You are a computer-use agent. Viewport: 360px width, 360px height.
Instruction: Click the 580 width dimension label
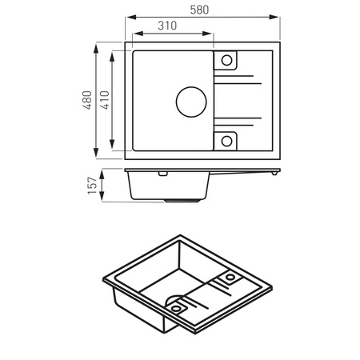(199, 10)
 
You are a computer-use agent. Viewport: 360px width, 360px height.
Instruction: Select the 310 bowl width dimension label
(167, 26)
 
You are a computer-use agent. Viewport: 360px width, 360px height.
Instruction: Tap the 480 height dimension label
(87, 100)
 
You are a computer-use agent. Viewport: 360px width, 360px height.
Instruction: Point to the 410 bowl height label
(105, 100)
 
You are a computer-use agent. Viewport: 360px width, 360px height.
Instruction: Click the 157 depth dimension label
(93, 186)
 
